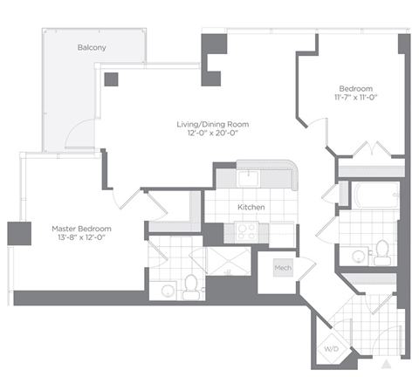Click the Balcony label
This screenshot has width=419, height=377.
point(92,48)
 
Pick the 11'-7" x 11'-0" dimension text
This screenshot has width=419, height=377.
point(356,99)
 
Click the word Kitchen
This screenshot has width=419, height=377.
point(251,207)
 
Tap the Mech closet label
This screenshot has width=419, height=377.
point(282,268)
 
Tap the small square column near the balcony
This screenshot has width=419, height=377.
point(111,79)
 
